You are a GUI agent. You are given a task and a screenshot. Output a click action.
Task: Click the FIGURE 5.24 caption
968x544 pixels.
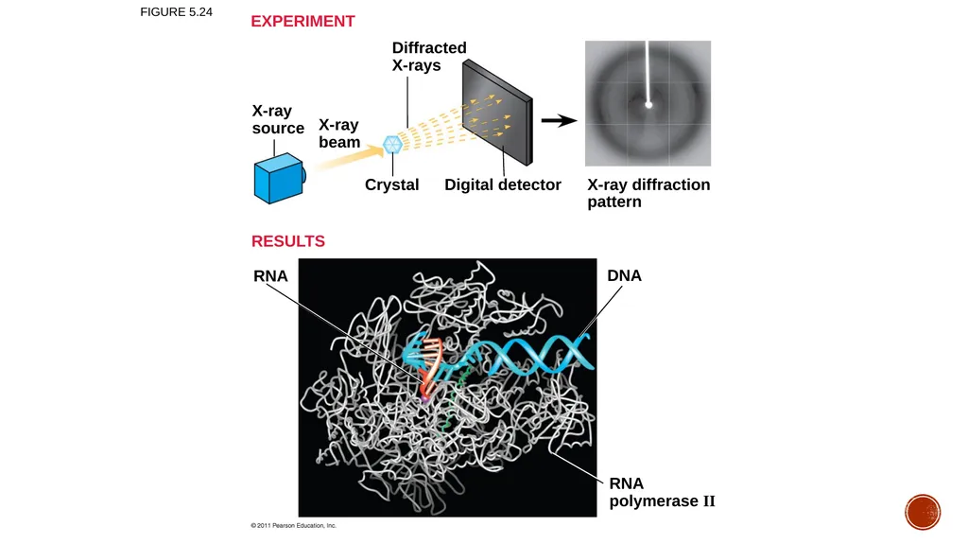pos(176,12)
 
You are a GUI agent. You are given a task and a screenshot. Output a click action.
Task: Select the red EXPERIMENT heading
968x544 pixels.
pos(302,21)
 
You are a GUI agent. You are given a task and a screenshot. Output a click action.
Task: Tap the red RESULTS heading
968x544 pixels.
pos(287,241)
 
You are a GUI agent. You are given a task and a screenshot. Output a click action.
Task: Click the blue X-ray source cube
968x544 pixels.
pos(279,179)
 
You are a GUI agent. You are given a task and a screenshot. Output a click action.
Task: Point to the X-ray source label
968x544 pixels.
pos(278,119)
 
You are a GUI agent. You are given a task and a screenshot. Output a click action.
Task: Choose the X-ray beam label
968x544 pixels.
pos(339,132)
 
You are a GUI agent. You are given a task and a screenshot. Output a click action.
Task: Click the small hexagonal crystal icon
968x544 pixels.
pos(392,145)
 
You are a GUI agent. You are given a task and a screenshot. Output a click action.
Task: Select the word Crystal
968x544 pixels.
pos(391,184)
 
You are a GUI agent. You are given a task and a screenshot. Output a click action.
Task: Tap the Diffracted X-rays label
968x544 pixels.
pos(429,56)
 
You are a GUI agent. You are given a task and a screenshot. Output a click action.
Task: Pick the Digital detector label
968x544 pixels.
pos(503,184)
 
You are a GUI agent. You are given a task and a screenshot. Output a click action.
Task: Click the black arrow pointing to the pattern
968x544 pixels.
pos(559,120)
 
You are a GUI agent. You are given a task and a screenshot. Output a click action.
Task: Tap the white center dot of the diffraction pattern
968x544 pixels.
pos(648,105)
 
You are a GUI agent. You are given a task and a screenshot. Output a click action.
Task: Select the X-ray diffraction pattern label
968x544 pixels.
pos(648,193)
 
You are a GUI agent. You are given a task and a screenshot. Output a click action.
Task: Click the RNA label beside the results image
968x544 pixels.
pos(270,275)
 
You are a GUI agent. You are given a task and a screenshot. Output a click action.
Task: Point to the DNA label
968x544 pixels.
pos(624,275)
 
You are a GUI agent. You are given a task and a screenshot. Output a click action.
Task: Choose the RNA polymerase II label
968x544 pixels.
pos(662,492)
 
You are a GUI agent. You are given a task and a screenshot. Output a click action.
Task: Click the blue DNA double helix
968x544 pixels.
pos(537,356)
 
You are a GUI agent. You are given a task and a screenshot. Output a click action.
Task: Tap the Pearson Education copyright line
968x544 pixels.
pos(293,525)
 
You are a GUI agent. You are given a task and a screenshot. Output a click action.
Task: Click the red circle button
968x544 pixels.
pos(923,512)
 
